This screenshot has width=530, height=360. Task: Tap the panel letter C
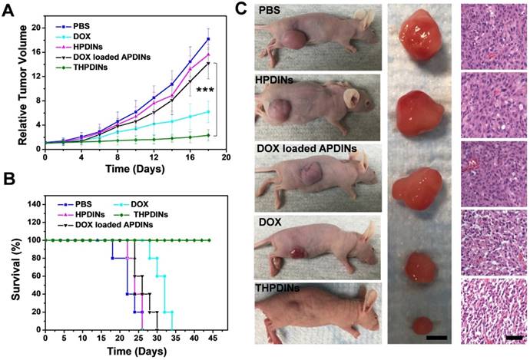click(240, 9)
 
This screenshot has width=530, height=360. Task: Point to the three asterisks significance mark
click(204, 91)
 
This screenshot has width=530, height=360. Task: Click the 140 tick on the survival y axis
click(35, 205)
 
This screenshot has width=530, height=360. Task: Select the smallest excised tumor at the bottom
click(421, 323)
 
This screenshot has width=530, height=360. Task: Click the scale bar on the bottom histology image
click(514, 336)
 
